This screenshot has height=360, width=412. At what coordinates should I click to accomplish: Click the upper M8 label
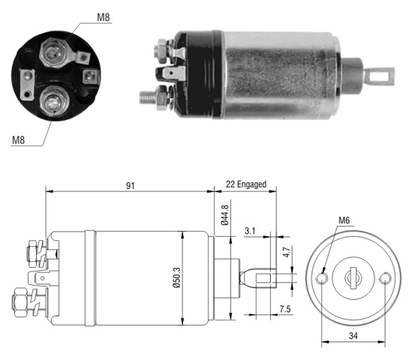[x=104, y=17]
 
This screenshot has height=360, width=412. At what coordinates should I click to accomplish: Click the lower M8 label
[x=19, y=140]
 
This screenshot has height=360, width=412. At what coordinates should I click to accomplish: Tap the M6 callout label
[x=344, y=220]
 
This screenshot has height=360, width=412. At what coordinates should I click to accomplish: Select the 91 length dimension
[x=131, y=186]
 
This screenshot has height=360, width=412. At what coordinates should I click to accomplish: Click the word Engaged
[x=251, y=184]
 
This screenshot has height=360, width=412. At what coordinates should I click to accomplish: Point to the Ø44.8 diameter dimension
[x=225, y=215]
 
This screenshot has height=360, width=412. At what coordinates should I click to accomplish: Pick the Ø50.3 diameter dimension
[x=177, y=277]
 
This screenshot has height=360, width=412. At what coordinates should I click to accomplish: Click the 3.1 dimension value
[x=250, y=231]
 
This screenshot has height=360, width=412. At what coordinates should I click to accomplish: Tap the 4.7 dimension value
[x=287, y=252]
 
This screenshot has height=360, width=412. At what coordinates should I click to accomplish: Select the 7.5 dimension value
[x=285, y=309]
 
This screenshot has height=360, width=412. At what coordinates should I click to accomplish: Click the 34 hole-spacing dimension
[x=353, y=336]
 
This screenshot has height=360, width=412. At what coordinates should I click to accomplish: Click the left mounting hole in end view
[x=322, y=278]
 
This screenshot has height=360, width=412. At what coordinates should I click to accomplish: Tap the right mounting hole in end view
[x=385, y=278]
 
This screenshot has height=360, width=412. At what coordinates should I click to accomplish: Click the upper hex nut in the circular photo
[x=53, y=52]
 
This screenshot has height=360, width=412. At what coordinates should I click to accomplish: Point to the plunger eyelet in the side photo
[x=380, y=76]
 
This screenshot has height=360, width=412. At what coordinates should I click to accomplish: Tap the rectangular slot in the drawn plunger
[x=263, y=278]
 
